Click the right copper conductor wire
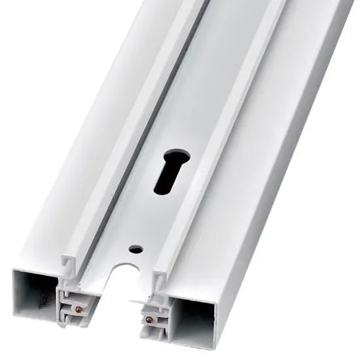[149, 319]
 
